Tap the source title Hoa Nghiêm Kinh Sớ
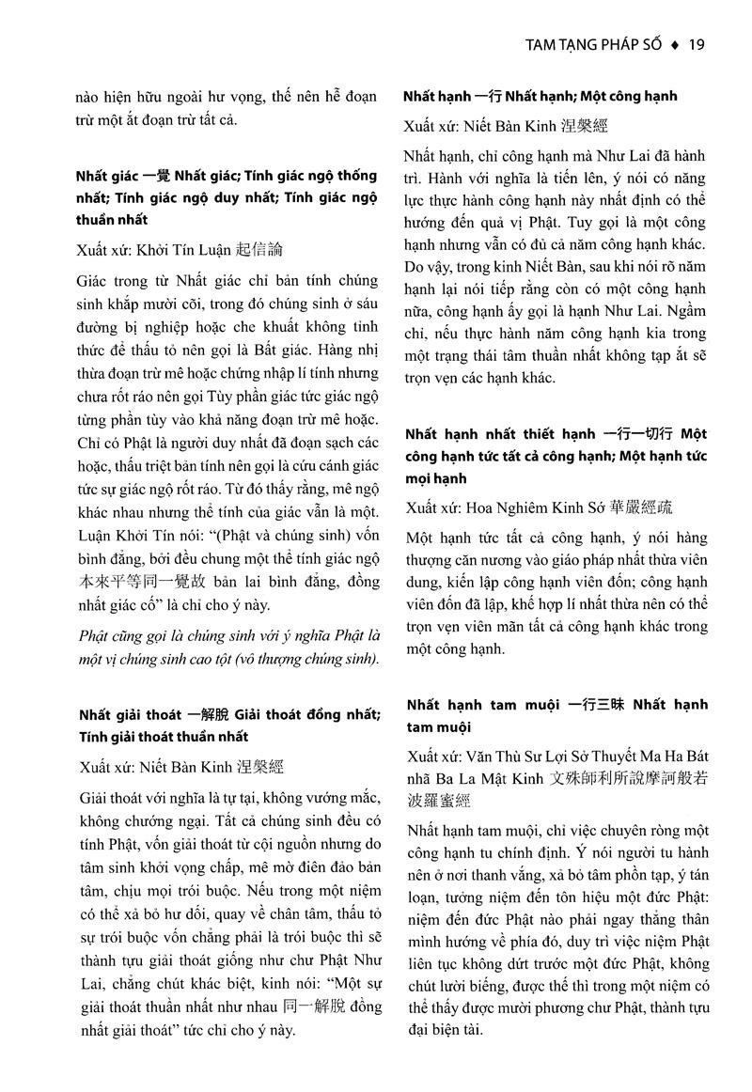coord(518,507)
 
